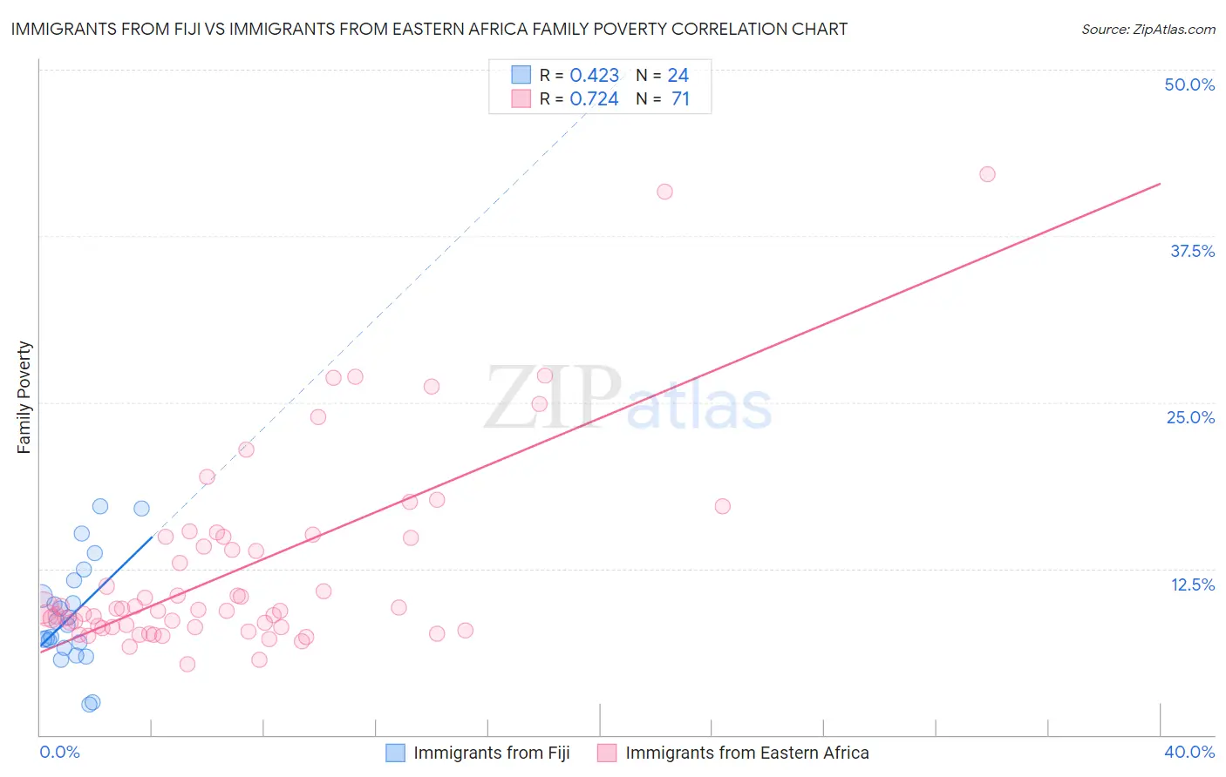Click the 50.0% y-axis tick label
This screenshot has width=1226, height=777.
1189,84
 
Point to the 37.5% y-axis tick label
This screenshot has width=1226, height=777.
1192,251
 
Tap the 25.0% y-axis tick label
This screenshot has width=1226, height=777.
1190,417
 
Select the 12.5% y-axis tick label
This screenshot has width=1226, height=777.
1192,584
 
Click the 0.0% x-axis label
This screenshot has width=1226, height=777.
59,752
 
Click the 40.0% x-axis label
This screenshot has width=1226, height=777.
1189,752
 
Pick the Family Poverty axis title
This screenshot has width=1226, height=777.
24,397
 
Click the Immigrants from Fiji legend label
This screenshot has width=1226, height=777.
491,753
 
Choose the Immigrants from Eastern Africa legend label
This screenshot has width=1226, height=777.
746,753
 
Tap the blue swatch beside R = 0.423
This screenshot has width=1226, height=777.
521,75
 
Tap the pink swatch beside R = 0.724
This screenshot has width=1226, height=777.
521,98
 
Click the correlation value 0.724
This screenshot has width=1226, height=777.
594,99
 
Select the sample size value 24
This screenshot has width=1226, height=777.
678,76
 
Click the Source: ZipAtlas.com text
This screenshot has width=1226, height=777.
1148,30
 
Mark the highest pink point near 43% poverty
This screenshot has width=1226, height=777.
987,174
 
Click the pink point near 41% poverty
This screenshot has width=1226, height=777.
664,192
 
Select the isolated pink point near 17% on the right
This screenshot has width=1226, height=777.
722,506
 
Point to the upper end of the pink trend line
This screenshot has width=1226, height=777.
1160,184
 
